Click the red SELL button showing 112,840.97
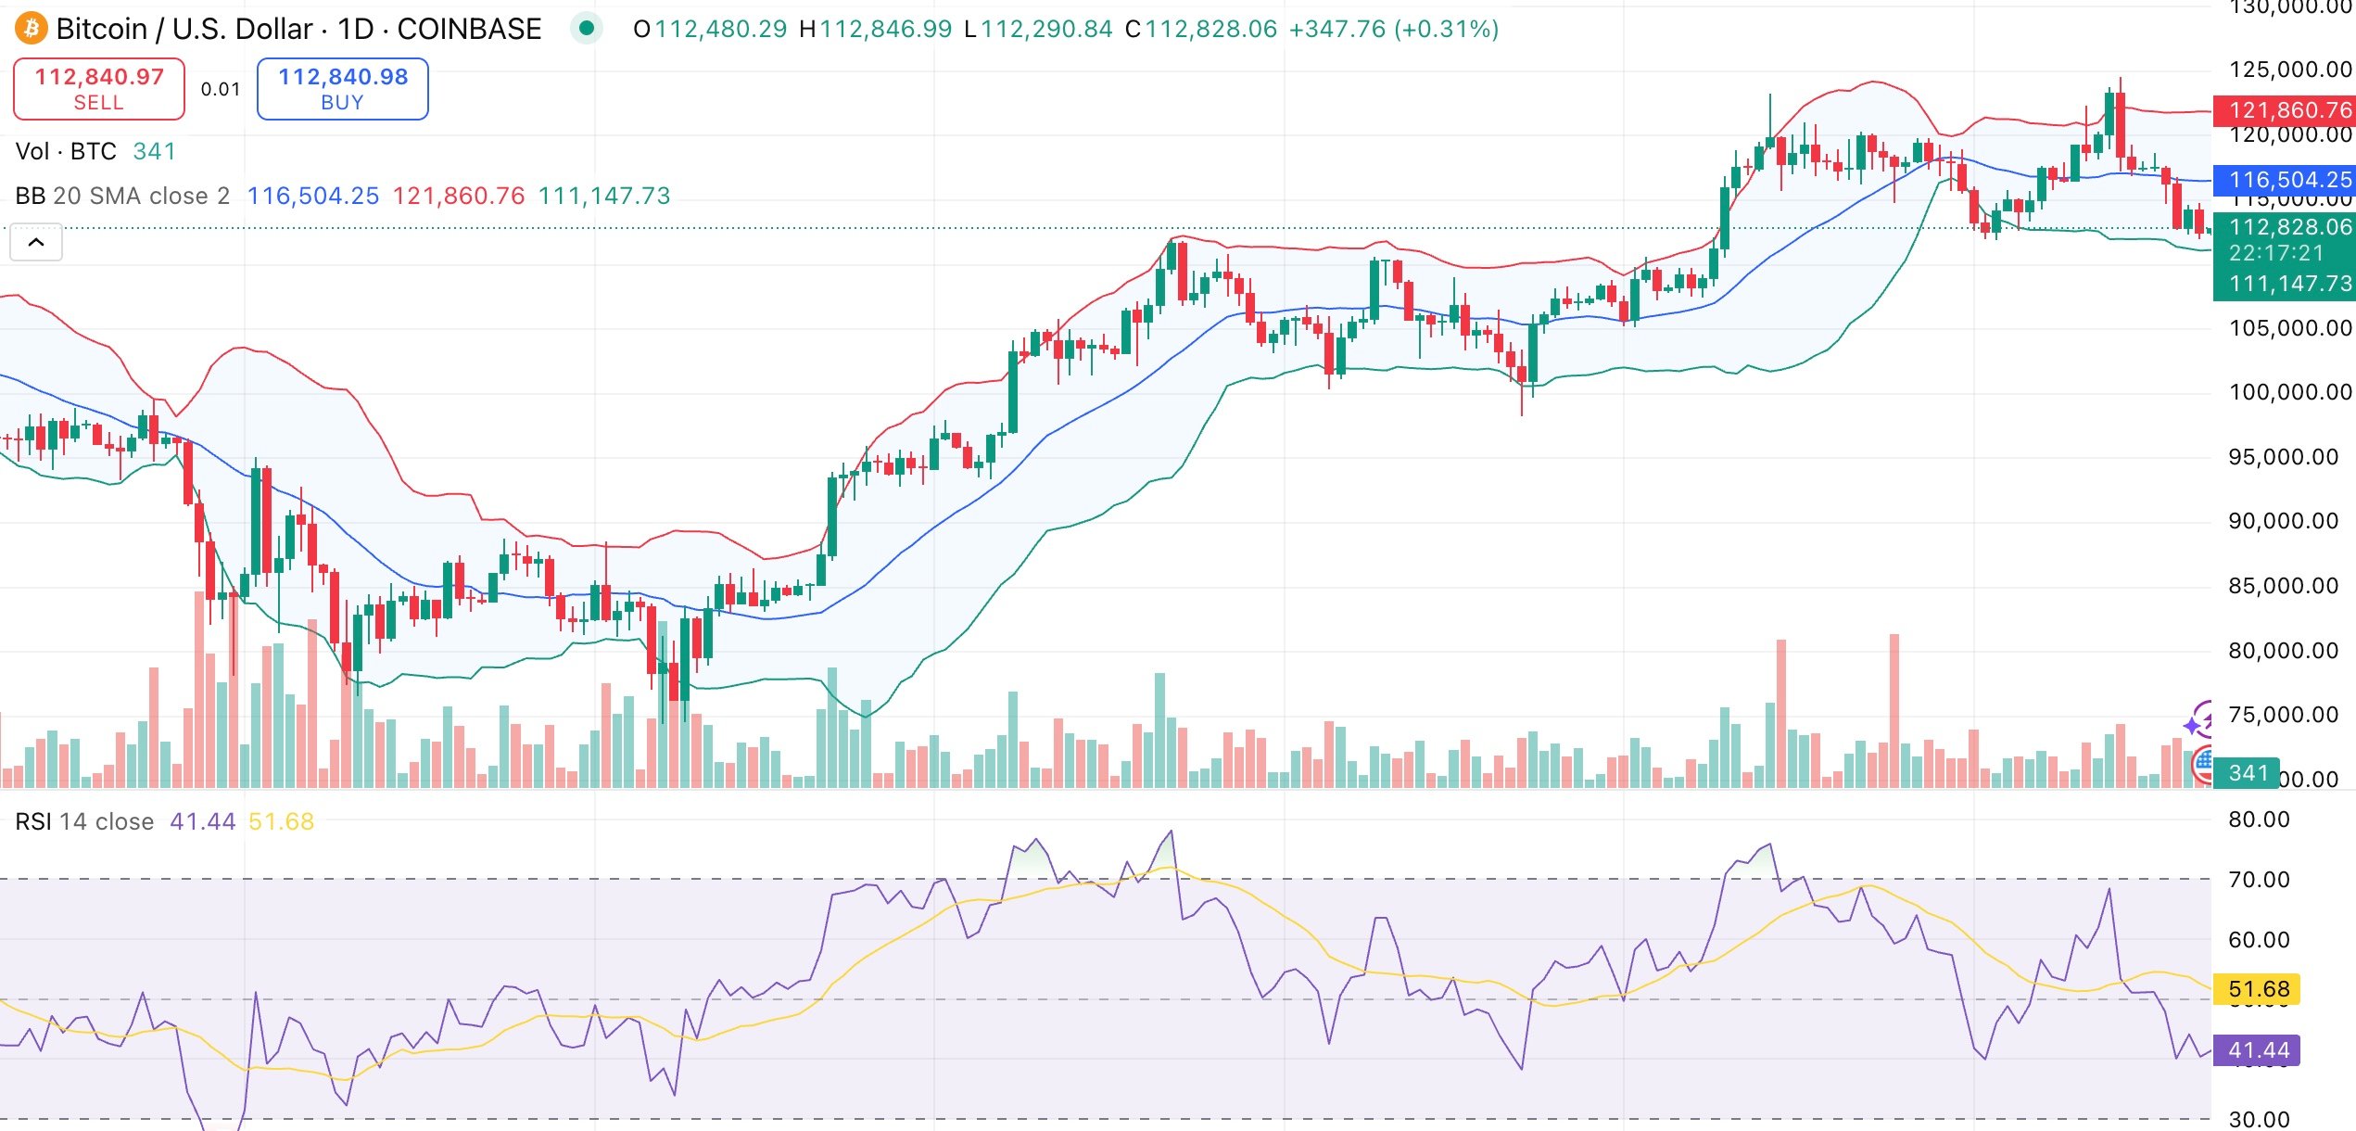[x=99, y=89]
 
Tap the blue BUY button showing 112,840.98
[x=342, y=89]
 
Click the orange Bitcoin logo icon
[x=31, y=29]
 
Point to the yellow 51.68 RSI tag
[x=2258, y=989]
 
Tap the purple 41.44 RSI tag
[x=2258, y=1050]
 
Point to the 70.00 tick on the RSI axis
[x=2258, y=880]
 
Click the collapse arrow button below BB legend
[x=36, y=243]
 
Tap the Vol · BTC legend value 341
[x=154, y=151]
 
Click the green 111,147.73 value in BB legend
[x=603, y=196]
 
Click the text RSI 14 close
[x=84, y=821]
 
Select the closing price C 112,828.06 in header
[x=1200, y=29]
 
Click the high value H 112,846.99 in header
[x=875, y=29]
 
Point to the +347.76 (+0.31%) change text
[x=1393, y=29]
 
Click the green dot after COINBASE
[x=586, y=29]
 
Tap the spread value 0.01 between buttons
[x=221, y=89]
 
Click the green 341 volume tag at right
[x=2248, y=773]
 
